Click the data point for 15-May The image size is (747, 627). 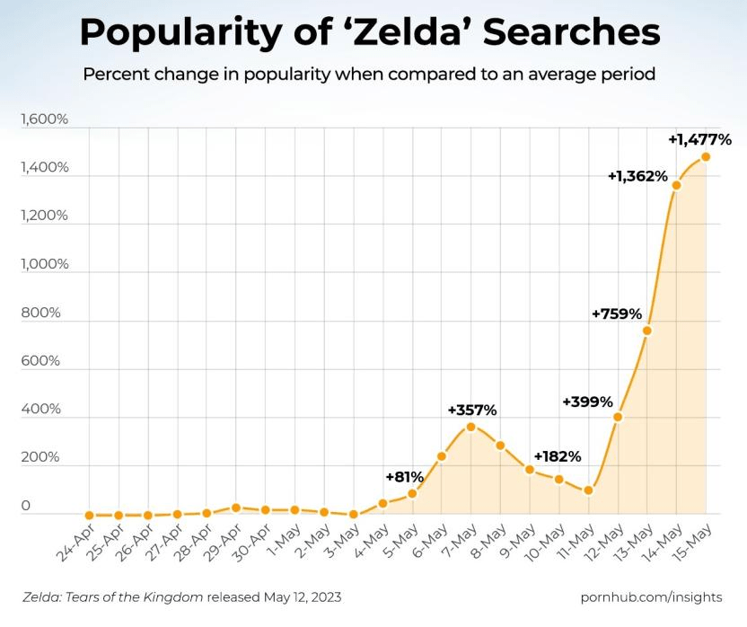coord(706,157)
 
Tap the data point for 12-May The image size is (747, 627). coord(618,417)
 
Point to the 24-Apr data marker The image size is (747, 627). coord(90,516)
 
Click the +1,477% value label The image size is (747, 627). coord(700,139)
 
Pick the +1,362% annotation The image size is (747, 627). coord(637,176)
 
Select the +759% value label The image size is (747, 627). coord(617,313)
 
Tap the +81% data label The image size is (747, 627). coord(404,476)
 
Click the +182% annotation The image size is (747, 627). coord(558,456)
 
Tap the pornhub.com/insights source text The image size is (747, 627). coord(652,596)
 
